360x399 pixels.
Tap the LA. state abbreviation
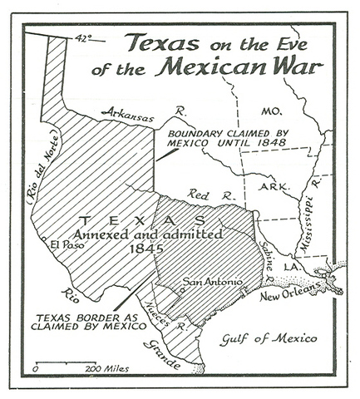coord(297,265)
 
